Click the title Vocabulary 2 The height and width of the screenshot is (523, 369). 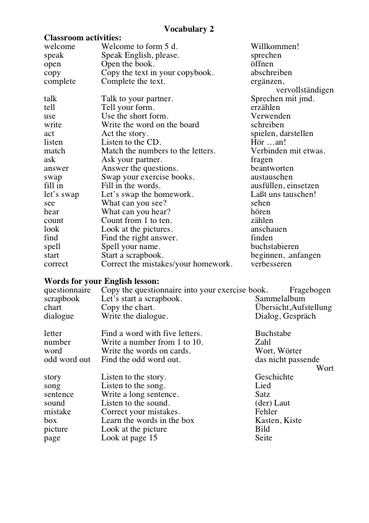coord(189,29)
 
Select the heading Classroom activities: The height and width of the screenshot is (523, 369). coord(82,37)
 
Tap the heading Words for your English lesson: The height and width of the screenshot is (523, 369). coord(102,281)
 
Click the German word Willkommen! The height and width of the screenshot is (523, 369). coord(275,46)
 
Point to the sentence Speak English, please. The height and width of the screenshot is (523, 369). coord(140,55)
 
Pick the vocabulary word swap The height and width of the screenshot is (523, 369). coord(53,176)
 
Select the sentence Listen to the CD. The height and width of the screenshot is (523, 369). coord(131,142)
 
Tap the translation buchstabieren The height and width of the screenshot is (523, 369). coord(275,246)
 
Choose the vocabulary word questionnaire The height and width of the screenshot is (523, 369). coord(68,289)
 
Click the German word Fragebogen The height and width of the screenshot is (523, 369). coord(309,289)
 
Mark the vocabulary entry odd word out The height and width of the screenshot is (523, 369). coord(67,359)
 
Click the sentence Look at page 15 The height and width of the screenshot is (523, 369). coord(129,437)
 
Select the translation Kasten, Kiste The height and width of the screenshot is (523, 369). coord(278,420)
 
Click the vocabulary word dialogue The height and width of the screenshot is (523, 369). coord(59,316)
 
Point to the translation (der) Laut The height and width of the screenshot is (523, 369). coord(272,402)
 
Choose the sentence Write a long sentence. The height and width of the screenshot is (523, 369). coord(140,394)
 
